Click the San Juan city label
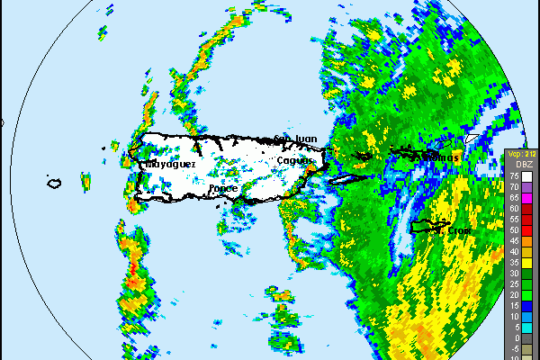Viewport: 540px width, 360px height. (296, 139)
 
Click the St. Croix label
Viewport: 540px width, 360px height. (454, 230)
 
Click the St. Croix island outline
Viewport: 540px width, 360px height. (429, 226)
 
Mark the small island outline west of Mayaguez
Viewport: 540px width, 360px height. (54, 184)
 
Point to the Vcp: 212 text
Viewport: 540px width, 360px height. (521, 155)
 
